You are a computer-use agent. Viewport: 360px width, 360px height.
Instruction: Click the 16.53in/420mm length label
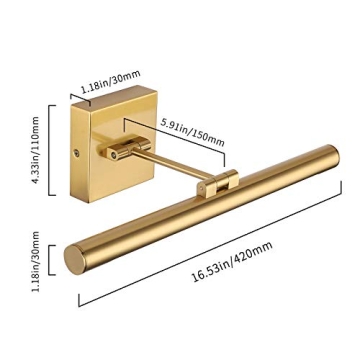232,262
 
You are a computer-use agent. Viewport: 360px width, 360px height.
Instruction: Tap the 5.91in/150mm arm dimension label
192,132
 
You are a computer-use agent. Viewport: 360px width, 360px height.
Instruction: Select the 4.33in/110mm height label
34,150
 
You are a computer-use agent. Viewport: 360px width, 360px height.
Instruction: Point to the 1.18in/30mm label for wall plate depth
110,82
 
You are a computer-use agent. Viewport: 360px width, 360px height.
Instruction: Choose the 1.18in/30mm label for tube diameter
35,262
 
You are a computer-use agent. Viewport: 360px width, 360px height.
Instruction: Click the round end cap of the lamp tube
75,260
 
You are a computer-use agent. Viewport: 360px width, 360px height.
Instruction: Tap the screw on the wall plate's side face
77,153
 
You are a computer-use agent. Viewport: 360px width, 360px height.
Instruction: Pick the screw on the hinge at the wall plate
114,155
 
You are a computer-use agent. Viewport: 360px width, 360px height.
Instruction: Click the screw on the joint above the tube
201,188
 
